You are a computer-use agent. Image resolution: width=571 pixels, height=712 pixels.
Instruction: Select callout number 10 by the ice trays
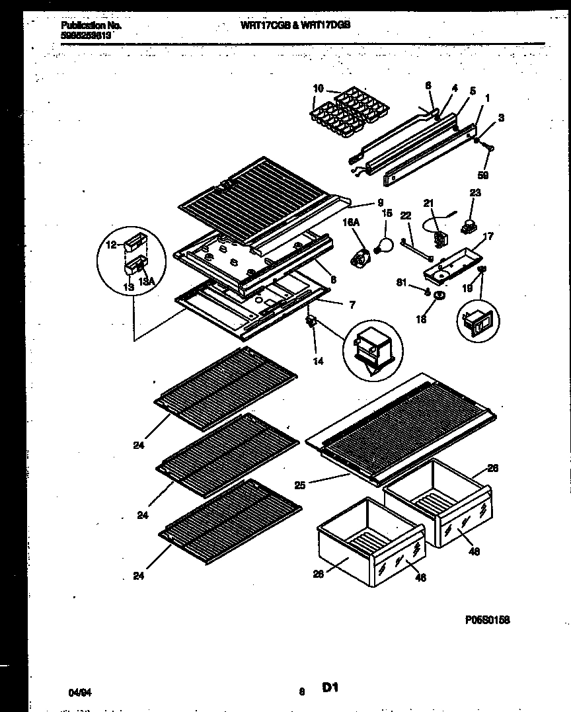(317, 89)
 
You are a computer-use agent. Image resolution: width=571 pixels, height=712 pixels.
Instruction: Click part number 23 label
(475, 193)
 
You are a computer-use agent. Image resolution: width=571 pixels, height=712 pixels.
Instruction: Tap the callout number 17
(488, 235)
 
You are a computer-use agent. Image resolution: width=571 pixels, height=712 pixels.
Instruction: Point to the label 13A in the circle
(148, 282)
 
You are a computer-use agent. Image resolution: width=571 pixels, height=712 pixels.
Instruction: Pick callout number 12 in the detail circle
(110, 245)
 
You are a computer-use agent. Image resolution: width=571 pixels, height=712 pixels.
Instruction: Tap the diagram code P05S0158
(487, 619)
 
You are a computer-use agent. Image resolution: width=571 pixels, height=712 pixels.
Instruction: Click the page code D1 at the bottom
(330, 688)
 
